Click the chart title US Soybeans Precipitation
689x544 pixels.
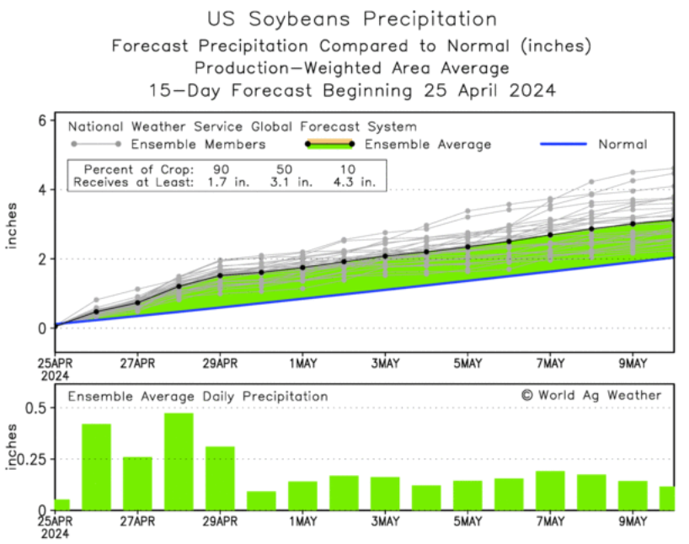coord(351,19)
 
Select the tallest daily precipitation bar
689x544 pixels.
coord(179,461)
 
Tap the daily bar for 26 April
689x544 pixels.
coord(96,467)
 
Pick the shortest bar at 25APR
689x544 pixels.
coord(61,504)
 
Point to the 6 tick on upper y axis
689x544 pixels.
coord(40,120)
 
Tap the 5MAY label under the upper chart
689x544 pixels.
coord(467,363)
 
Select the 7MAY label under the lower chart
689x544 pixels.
coord(550,522)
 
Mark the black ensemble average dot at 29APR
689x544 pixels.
coord(220,275)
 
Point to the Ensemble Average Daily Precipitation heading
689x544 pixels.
coord(198,396)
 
